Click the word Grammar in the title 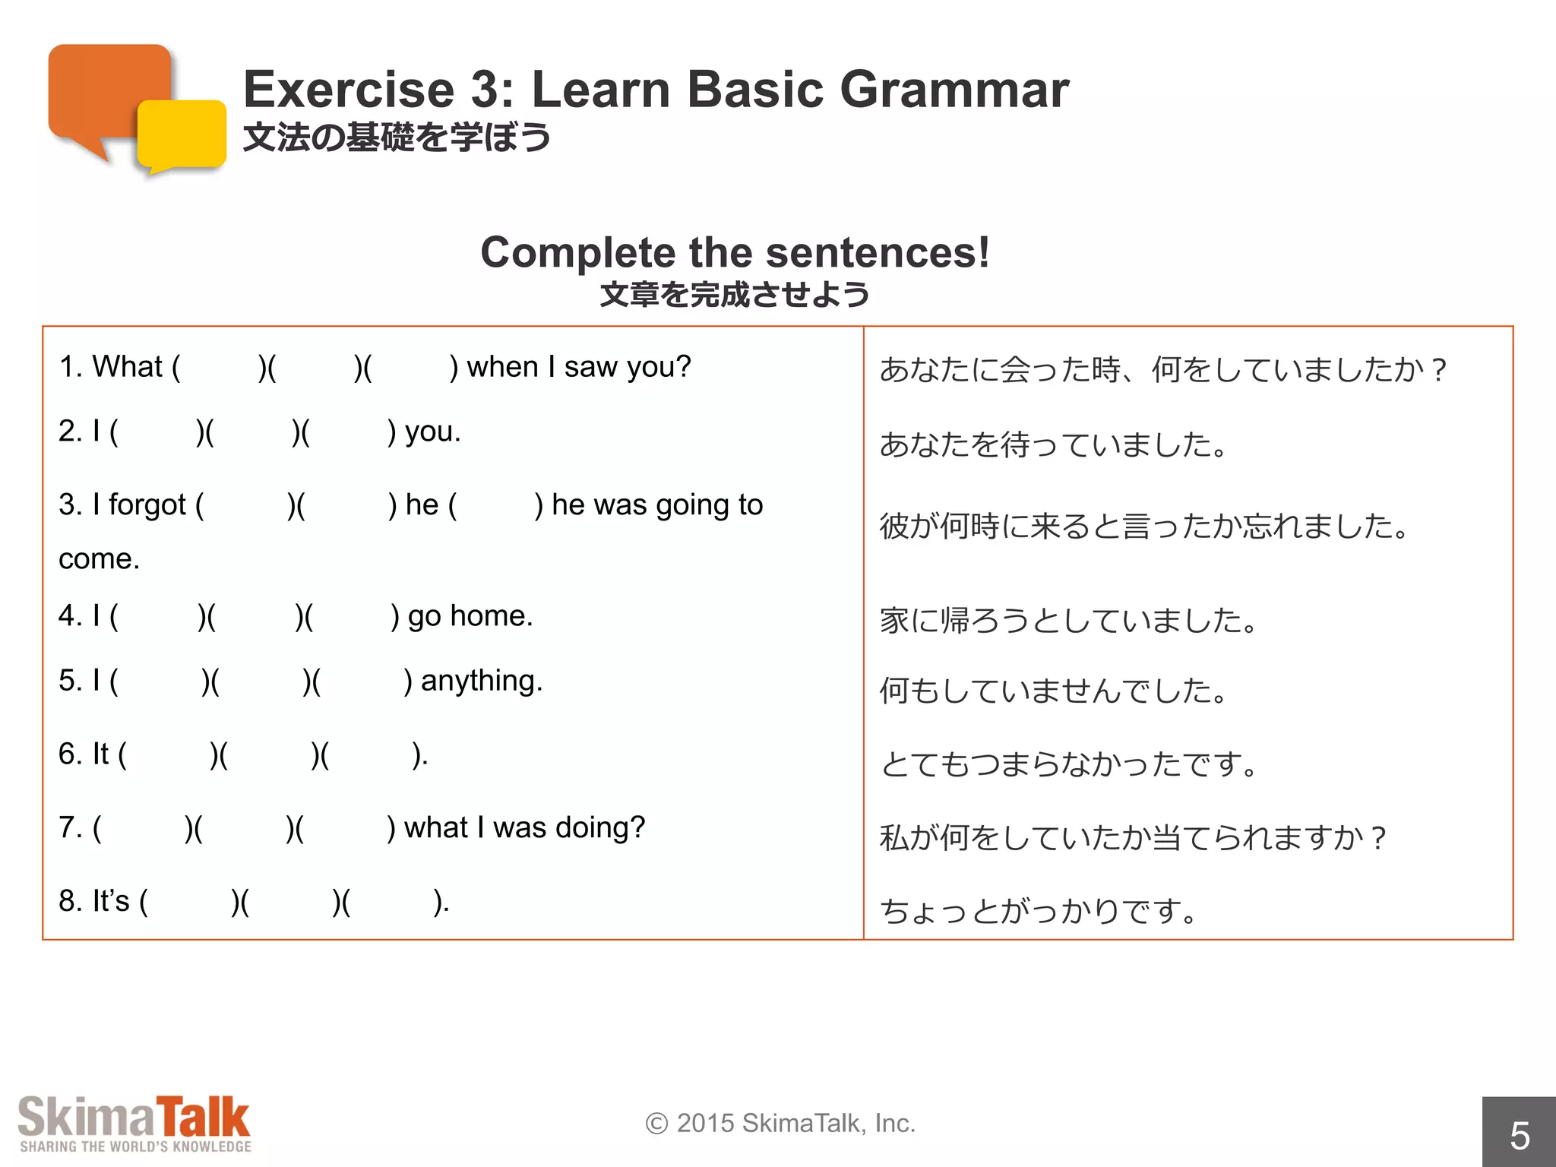[954, 90]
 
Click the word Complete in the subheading [573, 253]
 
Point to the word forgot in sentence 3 [147, 505]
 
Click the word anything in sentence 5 [481, 681]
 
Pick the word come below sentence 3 [98, 559]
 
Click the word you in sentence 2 [431, 432]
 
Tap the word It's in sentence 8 [111, 901]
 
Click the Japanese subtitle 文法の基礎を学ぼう [397, 138]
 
